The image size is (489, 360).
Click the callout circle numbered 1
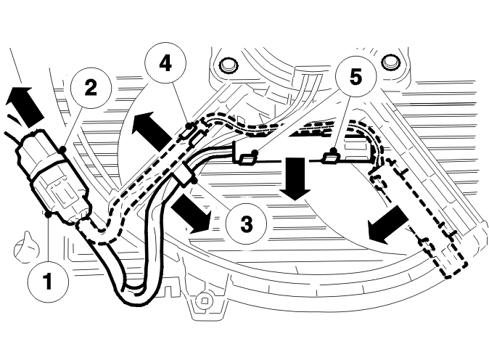(48, 281)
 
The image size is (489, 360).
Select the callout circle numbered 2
(91, 88)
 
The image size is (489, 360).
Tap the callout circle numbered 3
(247, 224)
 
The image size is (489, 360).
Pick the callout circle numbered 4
(165, 63)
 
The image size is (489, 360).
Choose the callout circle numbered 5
(356, 77)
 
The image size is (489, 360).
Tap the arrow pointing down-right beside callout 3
(191, 213)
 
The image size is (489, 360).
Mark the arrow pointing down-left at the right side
(387, 225)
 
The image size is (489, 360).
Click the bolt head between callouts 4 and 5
(229, 65)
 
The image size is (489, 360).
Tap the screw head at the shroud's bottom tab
(205, 301)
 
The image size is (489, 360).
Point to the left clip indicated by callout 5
(247, 160)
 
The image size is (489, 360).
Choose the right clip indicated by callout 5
(331, 158)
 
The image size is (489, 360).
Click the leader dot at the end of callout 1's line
(48, 215)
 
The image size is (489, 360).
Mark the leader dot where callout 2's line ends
(63, 150)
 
